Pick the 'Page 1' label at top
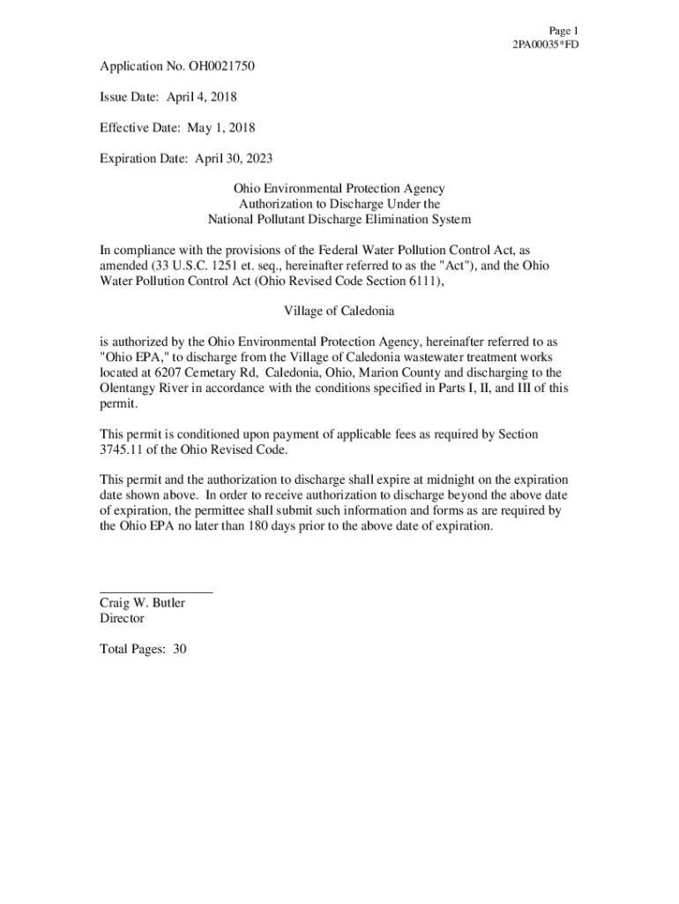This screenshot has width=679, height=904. point(563,30)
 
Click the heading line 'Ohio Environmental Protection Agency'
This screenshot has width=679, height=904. point(339,189)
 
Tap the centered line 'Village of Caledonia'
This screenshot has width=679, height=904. point(339,312)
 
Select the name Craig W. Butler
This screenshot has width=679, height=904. point(143,603)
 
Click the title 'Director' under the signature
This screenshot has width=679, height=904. point(122,619)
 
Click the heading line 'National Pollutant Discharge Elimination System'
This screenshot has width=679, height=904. point(339,219)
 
